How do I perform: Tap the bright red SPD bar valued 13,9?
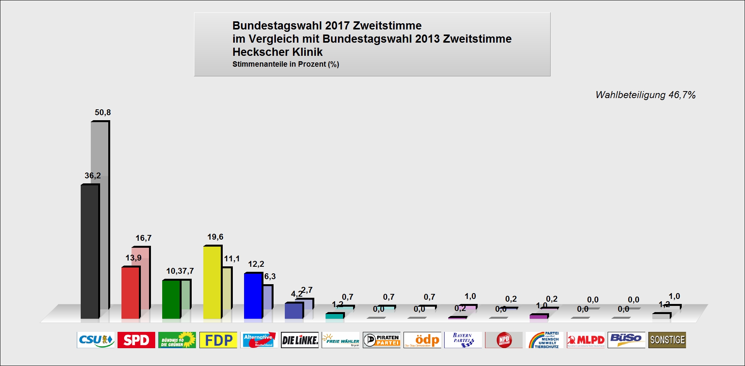pyautogui.click(x=130, y=292)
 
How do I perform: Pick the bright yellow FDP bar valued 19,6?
pyautogui.click(x=212, y=282)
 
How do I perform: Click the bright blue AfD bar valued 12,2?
pyautogui.click(x=253, y=295)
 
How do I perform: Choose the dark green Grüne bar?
pyautogui.click(x=171, y=299)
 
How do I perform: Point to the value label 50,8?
pyautogui.click(x=103, y=112)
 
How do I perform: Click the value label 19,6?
pyautogui.click(x=215, y=237)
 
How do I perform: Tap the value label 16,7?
pyautogui.click(x=144, y=238)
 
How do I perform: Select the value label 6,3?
pyautogui.click(x=270, y=276)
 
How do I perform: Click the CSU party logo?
pyautogui.click(x=96, y=340)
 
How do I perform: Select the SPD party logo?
pyautogui.click(x=136, y=340)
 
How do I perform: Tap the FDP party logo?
pyautogui.click(x=218, y=340)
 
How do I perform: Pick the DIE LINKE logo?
pyautogui.click(x=300, y=340)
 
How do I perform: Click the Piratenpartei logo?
pyautogui.click(x=381, y=340)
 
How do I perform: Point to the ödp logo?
pyautogui.click(x=422, y=340)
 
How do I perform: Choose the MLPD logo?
pyautogui.click(x=586, y=340)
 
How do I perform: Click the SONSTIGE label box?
pyautogui.click(x=667, y=340)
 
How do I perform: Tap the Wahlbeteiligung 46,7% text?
pyautogui.click(x=645, y=95)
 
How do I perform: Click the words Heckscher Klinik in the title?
pyautogui.click(x=277, y=52)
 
